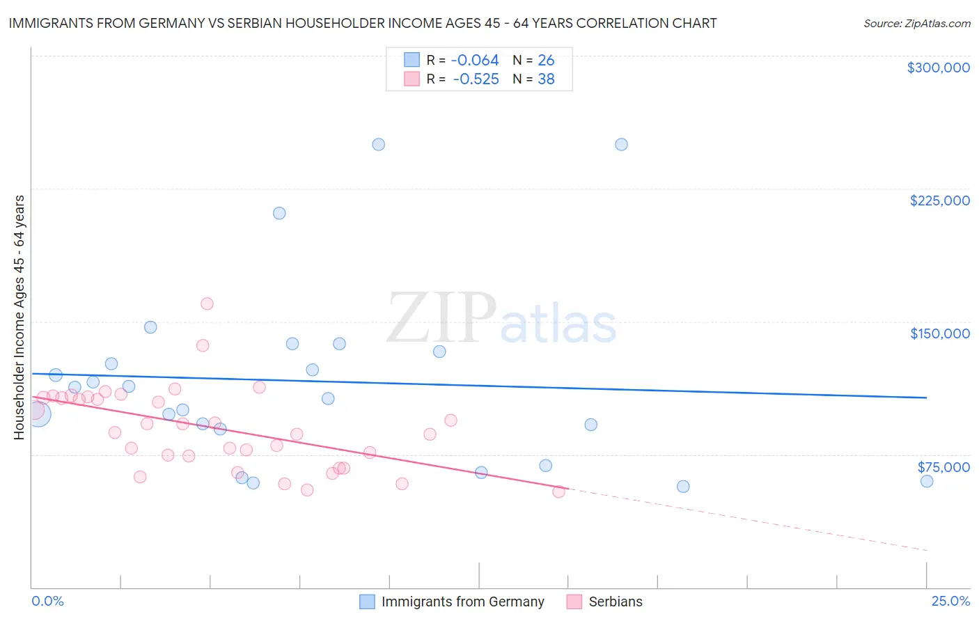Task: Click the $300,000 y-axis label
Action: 938,68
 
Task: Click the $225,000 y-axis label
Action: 939,201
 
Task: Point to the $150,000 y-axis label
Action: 939,333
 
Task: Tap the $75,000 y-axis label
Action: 943,467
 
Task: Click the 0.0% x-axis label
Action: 47,601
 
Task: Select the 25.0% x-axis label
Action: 950,601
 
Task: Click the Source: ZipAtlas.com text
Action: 916,23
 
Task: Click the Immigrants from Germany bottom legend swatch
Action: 367,602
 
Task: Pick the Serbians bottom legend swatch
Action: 574,602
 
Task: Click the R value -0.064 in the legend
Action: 476,61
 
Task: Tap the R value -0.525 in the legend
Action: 476,79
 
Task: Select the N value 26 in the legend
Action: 546,61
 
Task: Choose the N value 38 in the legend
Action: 546,79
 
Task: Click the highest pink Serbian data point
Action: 207,304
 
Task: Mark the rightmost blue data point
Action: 927,481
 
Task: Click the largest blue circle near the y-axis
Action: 38,414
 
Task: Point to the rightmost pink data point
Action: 558,492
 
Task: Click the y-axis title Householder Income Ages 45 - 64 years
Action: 19,317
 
